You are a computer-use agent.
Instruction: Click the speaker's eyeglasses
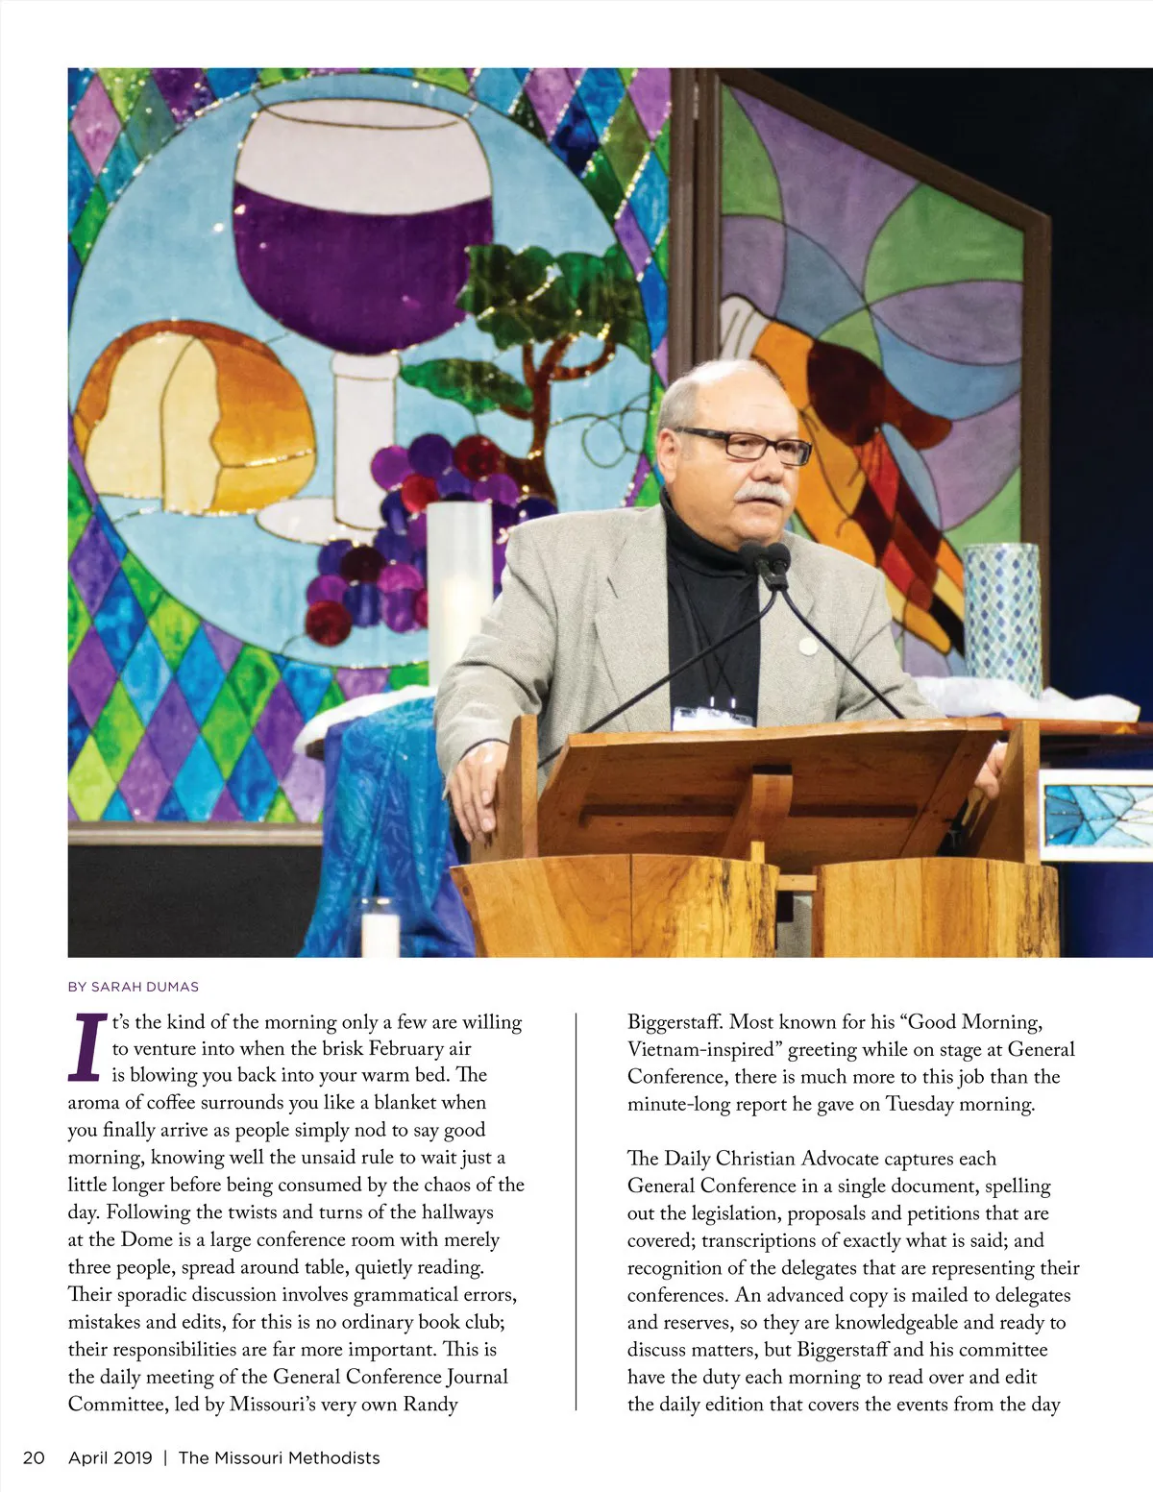744,444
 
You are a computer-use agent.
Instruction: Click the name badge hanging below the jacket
713,717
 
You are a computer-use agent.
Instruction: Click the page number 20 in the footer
34,1457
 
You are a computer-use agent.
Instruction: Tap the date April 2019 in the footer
110,1457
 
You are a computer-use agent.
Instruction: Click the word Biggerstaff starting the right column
674,1022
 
